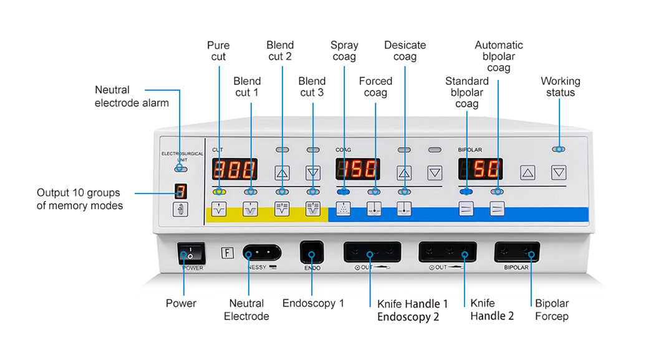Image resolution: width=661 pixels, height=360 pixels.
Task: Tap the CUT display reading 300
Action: tap(234, 169)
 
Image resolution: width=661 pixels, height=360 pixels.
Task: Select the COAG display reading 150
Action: tap(358, 169)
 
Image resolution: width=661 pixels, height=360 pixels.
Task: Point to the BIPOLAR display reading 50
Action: tap(480, 169)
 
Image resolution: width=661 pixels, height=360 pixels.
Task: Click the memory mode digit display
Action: tap(180, 192)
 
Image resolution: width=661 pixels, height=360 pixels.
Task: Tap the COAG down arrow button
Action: tap(435, 173)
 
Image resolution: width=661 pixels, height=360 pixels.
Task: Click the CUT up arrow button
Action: tap(282, 173)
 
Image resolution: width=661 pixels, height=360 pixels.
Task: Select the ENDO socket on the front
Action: tap(312, 253)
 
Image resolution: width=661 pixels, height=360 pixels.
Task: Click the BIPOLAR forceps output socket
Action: tap(516, 253)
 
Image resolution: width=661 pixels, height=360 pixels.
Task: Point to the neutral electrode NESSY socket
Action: tap(261, 253)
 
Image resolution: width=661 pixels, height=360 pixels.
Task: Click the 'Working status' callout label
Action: tap(560, 87)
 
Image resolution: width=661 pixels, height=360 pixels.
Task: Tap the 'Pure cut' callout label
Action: tap(218, 51)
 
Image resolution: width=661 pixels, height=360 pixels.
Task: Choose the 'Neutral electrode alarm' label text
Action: tap(132, 96)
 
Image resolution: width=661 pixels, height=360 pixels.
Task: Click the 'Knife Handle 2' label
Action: tap(492, 309)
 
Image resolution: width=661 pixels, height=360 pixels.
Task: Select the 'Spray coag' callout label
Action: tap(344, 51)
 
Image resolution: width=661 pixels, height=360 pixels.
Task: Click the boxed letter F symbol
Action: tap(228, 253)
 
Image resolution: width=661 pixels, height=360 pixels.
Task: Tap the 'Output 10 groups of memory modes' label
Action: tap(79, 199)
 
